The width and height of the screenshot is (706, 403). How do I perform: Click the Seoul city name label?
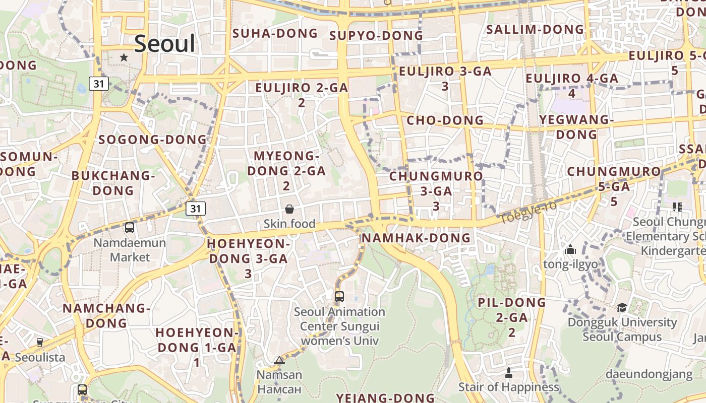164,44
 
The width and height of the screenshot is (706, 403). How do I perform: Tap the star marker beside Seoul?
124,57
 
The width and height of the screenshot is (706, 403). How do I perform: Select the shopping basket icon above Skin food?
289,209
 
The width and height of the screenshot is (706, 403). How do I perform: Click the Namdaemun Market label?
130,250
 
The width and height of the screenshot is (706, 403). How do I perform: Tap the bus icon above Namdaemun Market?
130,227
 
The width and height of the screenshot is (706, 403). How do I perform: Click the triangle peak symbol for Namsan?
279,360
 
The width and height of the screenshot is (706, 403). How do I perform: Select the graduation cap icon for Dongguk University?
622,307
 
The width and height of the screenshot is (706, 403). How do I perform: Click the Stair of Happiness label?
509,387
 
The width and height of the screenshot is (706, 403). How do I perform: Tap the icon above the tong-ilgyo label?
570,249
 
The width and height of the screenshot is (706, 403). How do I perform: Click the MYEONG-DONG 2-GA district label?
286,171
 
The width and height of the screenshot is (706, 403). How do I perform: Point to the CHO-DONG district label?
445,120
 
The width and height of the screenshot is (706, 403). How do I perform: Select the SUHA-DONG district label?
275,34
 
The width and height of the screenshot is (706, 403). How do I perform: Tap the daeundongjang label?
649,374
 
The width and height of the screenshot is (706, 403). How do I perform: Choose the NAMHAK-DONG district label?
416,238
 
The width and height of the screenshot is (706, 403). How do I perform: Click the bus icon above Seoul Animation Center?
339,296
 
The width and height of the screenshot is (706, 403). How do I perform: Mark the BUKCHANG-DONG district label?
113,183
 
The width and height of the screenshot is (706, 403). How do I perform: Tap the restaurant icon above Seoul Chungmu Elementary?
677,207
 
